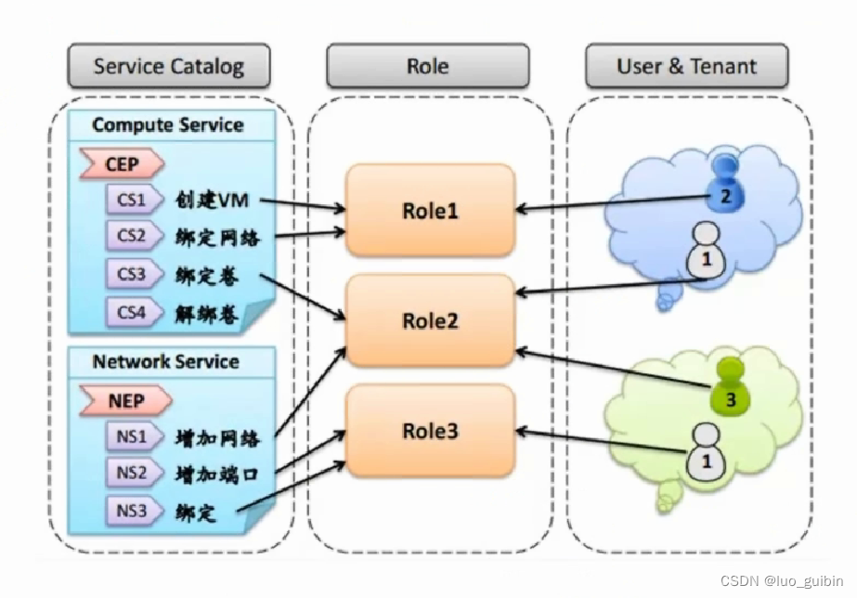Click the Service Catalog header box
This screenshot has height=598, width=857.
[x=169, y=67]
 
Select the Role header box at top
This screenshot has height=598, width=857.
[x=427, y=67]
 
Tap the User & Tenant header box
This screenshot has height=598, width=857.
[x=686, y=67]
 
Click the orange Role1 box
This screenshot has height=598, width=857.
[x=430, y=210]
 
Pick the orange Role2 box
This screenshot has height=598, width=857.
[x=430, y=320]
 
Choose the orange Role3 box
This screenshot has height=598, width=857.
[x=430, y=431]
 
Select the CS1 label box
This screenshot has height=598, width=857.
[x=132, y=199]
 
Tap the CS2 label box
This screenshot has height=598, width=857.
[x=132, y=236]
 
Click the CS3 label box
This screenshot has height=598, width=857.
[x=132, y=275]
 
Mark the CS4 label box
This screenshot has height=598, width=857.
[x=132, y=312]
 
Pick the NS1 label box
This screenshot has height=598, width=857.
[x=132, y=435]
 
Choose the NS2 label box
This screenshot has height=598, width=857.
[x=132, y=473]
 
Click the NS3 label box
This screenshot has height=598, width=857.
[x=132, y=510]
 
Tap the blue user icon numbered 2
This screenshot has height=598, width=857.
[x=725, y=185]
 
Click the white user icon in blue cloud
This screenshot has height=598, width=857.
[x=705, y=252]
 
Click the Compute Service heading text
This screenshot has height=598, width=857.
[x=168, y=124]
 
